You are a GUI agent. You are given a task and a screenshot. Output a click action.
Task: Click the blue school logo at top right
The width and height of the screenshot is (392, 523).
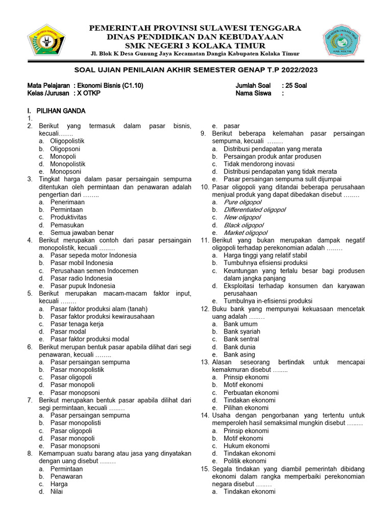pyautogui.click(x=345, y=41)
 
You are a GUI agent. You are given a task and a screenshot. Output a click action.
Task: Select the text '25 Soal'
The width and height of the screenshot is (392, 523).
pyautogui.click(x=294, y=85)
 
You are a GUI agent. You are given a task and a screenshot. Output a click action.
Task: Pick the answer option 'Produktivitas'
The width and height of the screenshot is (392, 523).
pyautogui.click(x=68, y=217)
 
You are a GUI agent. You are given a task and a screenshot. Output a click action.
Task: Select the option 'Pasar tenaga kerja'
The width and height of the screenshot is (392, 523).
pyautogui.click(x=77, y=324)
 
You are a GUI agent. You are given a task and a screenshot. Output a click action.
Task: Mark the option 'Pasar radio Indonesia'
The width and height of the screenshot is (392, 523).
pyautogui.click(x=81, y=278)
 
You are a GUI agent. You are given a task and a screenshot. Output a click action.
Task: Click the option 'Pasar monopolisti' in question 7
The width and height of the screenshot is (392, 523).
pyautogui.click(x=76, y=423)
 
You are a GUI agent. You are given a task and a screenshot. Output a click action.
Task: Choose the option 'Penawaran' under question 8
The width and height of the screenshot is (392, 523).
pyautogui.click(x=66, y=477)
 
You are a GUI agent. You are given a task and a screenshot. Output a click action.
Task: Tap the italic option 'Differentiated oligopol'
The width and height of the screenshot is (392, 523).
pyautogui.click(x=254, y=210)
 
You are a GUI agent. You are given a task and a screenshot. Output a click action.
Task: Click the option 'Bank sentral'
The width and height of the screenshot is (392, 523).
pyautogui.click(x=241, y=339)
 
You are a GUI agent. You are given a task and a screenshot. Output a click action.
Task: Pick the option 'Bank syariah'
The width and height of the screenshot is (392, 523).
pyautogui.click(x=241, y=331)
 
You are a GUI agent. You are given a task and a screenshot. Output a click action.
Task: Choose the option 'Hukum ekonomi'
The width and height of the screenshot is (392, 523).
pyautogui.click(x=243, y=446)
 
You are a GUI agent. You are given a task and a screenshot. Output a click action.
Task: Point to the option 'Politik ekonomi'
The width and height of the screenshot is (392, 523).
pyautogui.click(x=244, y=461)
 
